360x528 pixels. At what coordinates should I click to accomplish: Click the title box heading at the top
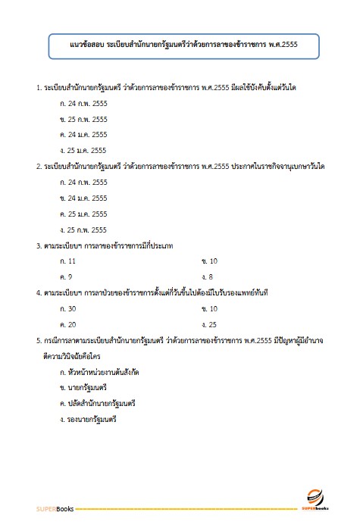(x=180, y=46)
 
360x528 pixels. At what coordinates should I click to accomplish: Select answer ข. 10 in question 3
(x=209, y=261)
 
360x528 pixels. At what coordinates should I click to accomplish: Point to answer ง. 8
(x=208, y=276)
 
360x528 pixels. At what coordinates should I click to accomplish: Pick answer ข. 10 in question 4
(x=209, y=308)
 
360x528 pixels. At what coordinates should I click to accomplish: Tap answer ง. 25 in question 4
(x=209, y=323)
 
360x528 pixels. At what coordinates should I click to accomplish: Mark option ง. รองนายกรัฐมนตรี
(x=89, y=419)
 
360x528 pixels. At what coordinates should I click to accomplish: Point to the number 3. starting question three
(x=39, y=245)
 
